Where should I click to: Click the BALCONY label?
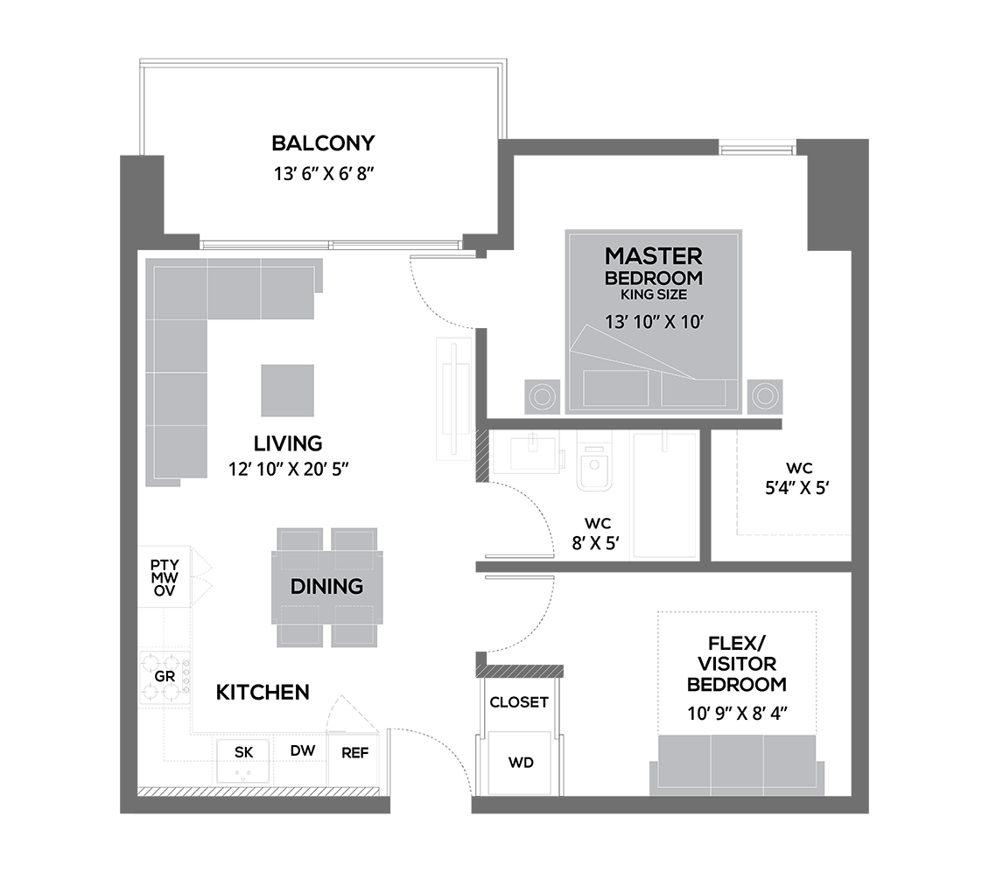pos(323,143)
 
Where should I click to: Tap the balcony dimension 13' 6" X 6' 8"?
pos(324,173)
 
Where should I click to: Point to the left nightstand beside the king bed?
pos(542,396)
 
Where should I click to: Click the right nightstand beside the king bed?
pos(765,396)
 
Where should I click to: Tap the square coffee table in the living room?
pos(288,390)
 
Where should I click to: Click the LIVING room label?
pos(288,443)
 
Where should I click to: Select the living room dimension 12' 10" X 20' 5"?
pos(288,469)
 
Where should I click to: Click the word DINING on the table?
pos(326,586)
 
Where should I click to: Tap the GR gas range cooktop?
pos(165,678)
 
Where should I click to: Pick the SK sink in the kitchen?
pos(243,762)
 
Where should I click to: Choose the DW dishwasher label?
pos(303,750)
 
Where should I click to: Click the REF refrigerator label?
pos(354,752)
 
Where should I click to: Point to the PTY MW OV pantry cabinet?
pos(165,577)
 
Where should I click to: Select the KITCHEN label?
pos(263,693)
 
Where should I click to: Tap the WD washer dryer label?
pos(521,763)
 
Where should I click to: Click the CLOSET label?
pos(519,701)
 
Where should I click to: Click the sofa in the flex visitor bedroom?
pos(737,764)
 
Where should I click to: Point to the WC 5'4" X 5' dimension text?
pos(796,488)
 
